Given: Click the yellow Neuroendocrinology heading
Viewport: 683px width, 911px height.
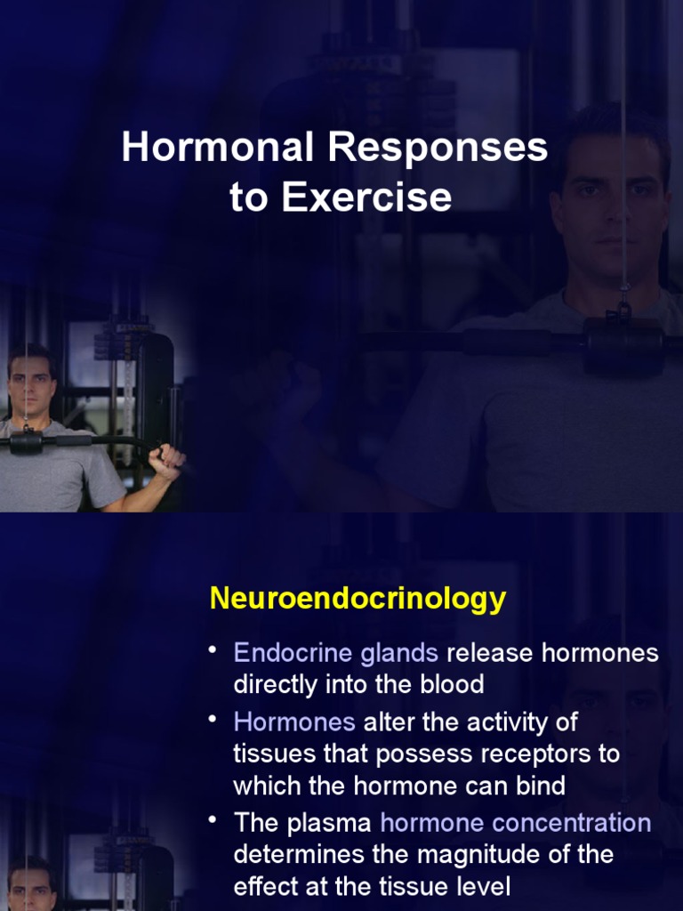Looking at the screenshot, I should click(358, 599).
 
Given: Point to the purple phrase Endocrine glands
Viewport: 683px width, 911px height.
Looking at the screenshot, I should click(335, 653).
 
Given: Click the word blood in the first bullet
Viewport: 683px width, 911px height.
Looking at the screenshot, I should click(450, 684).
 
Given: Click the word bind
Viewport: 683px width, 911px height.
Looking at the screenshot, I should click(539, 786).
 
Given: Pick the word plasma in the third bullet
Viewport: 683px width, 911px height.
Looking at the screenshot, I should click(333, 823).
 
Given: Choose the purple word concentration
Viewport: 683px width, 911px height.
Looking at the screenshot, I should click(568, 823).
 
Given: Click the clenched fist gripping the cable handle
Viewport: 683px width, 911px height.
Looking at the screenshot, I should click(166, 459).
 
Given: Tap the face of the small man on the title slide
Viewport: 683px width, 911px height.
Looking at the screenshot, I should click(31, 388).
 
